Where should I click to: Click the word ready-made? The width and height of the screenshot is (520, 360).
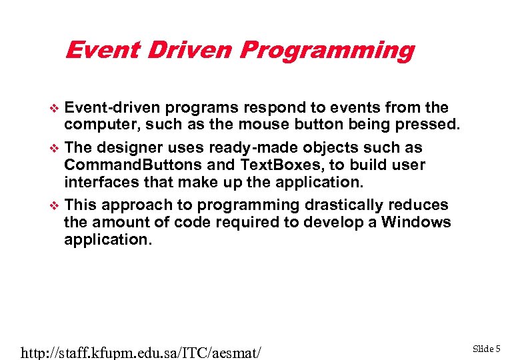click(x=247, y=147)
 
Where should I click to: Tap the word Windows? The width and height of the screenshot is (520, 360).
click(x=416, y=222)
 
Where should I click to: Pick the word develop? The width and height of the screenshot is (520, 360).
click(x=331, y=223)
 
